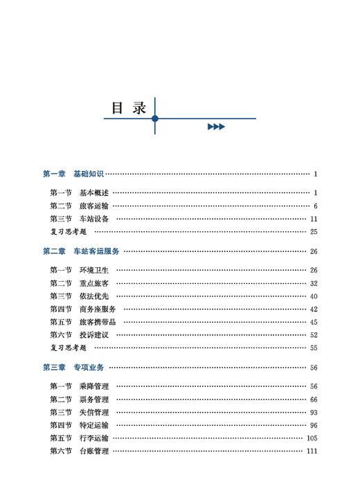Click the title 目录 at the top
coord(129,109)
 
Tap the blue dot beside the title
coord(155,119)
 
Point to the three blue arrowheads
coord(216,127)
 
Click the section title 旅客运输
coord(93,206)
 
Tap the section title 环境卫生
coord(93,270)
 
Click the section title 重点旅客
coord(93,283)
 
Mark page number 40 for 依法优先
coord(313,296)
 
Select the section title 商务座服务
coord(98,309)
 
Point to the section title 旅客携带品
coord(98,322)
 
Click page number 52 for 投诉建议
coord(313,335)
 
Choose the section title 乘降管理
coord(93,386)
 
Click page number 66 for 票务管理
coord(313,399)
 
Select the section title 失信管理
coord(93,412)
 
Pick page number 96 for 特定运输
coord(313,425)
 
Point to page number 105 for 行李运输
coord(311,438)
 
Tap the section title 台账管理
coord(93,451)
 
